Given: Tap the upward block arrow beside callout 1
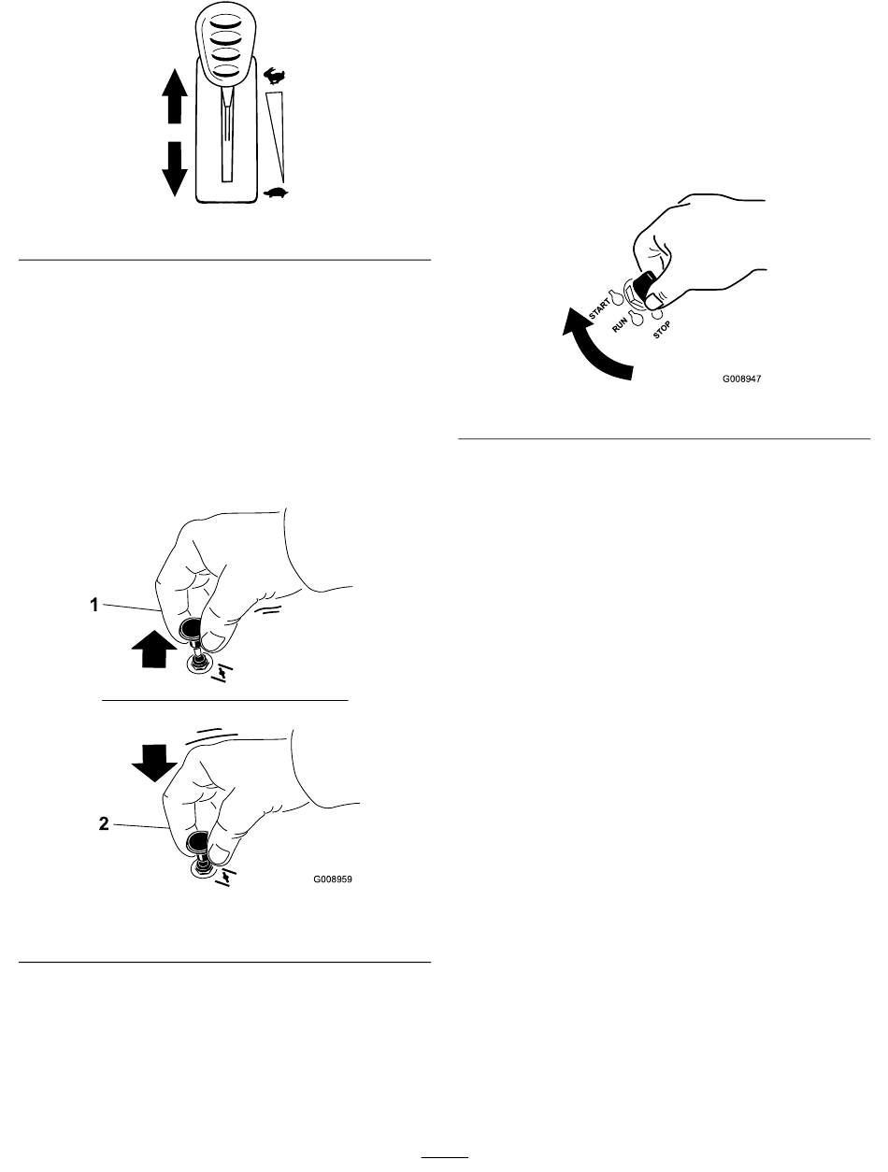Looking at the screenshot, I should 147,646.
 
